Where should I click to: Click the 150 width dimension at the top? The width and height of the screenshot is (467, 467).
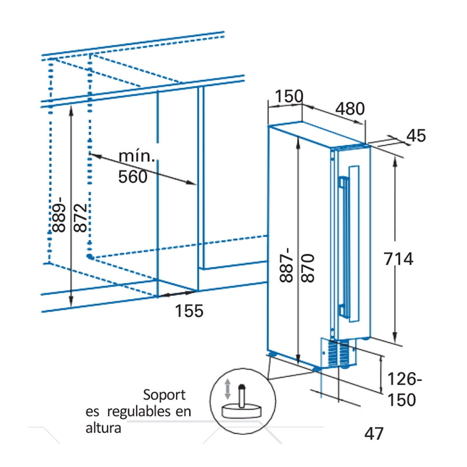point(289,96)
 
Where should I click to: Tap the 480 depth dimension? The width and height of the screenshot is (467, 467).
point(350,109)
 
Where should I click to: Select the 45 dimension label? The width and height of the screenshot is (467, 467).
point(416,136)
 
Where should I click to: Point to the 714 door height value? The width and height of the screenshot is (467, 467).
point(399,259)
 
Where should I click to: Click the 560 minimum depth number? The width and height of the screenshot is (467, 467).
point(133,177)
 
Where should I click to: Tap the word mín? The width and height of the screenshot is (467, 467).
point(137,156)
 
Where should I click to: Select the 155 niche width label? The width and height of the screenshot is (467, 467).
point(189,311)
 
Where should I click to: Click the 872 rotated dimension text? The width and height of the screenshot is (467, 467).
point(80,218)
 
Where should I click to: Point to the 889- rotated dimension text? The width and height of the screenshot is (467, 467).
point(59,215)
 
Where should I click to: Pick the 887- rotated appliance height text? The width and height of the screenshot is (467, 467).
point(286,265)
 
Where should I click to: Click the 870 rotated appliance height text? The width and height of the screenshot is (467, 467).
point(308,268)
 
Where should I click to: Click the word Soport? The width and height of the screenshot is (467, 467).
point(164,395)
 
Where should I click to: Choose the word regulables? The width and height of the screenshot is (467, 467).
point(139,412)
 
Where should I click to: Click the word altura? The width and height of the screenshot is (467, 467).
point(103,428)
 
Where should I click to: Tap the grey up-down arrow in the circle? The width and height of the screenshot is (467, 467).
point(227,389)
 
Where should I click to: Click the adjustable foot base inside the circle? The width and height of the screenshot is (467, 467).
point(242,411)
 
